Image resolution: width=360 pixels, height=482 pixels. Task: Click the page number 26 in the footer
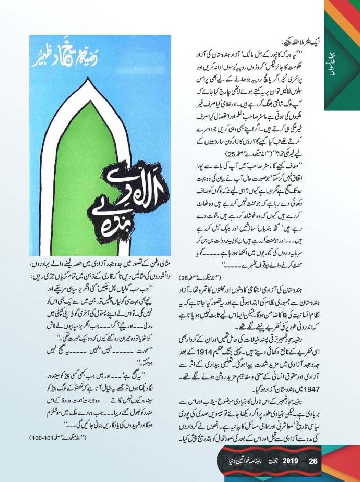312,460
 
